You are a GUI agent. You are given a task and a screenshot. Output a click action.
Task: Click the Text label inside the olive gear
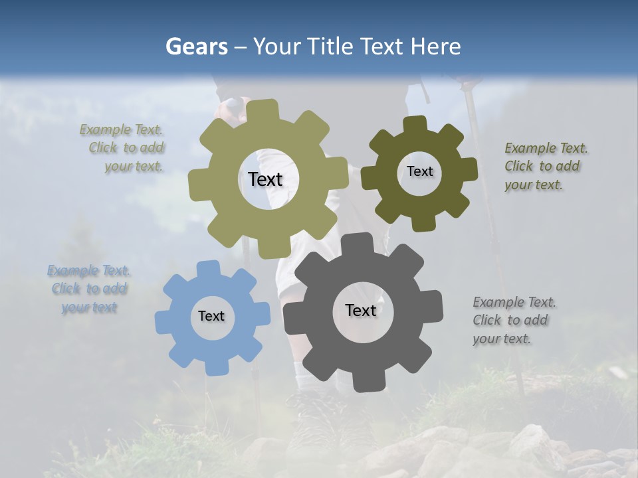[x=265, y=179]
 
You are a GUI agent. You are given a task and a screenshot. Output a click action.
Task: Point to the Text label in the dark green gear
[x=419, y=171]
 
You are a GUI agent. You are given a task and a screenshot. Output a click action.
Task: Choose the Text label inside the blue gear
[x=211, y=316]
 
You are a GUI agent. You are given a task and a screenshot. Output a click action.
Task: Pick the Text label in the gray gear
[x=361, y=310]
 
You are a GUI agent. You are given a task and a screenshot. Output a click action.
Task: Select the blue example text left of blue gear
[x=89, y=289]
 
